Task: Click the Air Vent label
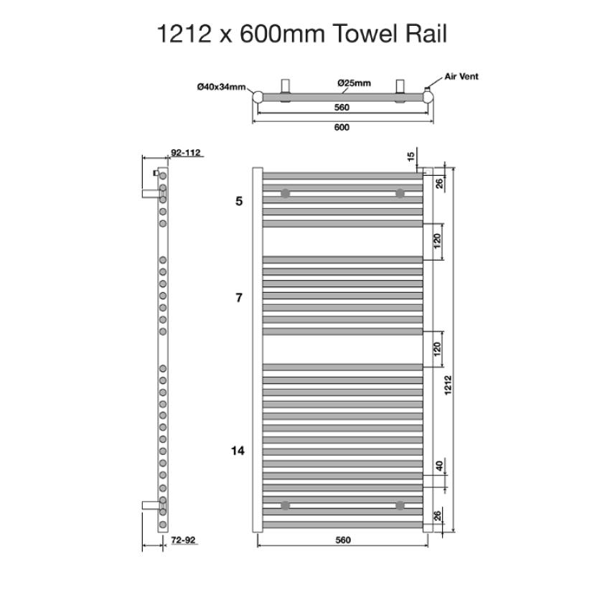tap(461, 76)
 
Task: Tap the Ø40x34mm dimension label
tap(221, 87)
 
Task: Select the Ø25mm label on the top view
tap(354, 83)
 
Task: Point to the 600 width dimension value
tap(342, 128)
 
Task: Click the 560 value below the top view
tap(342, 108)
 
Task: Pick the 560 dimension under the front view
tap(343, 540)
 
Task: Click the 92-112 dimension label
tap(186, 152)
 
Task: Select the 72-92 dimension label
tap(185, 540)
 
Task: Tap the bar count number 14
tap(238, 451)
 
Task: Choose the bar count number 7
tap(239, 297)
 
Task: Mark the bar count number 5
tap(239, 202)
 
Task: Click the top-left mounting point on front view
tap(286, 193)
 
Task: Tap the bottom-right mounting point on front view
tap(399, 505)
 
